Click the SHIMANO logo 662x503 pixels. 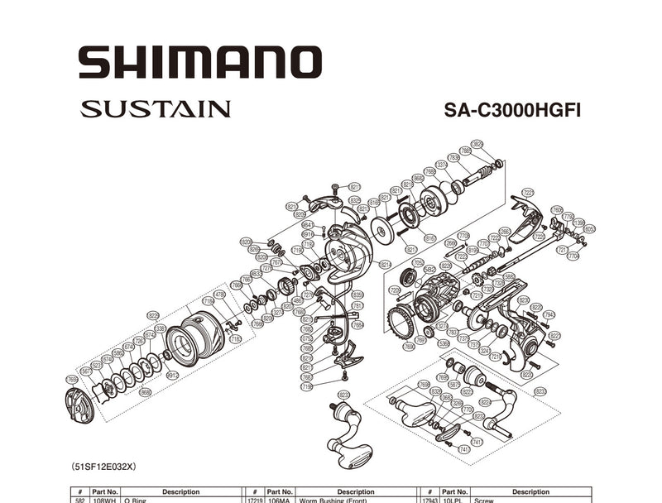point(199,63)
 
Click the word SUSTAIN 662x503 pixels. point(156,108)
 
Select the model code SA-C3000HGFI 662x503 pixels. point(511,110)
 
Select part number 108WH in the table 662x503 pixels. point(105,500)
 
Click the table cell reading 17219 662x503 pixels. point(255,500)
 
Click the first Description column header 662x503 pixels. point(180,491)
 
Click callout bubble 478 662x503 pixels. point(220,294)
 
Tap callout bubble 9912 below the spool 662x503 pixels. point(172,375)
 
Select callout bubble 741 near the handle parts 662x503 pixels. point(464,448)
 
